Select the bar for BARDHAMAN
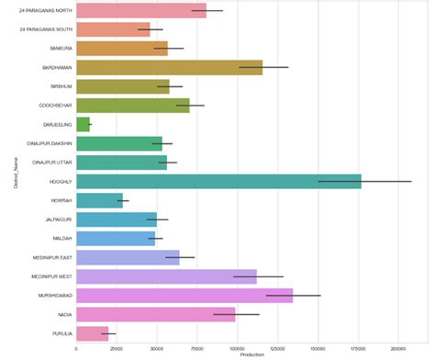169,67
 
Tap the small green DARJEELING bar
83,124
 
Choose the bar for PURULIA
92,332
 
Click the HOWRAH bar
99,199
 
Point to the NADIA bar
155,314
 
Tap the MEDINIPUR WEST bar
166,276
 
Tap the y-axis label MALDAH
61,238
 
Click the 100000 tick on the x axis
237,349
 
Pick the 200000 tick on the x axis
397,349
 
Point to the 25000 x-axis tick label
116,349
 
